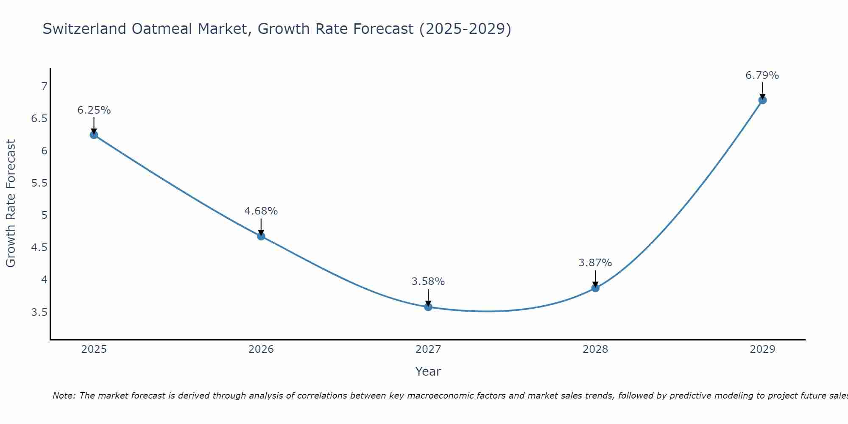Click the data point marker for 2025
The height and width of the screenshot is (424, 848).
click(94, 135)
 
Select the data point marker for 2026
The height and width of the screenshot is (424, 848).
click(261, 236)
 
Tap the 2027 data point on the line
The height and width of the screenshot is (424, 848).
click(428, 307)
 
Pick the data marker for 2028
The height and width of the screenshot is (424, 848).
click(595, 288)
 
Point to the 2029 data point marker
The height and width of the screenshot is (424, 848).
click(762, 100)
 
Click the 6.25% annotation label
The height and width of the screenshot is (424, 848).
click(94, 110)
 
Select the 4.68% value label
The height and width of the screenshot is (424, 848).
click(261, 211)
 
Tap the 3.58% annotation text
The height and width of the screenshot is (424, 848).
click(428, 282)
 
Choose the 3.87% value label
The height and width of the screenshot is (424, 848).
click(595, 263)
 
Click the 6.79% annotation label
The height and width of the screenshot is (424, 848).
click(762, 75)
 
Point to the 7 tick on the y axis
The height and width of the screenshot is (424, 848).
click(44, 86)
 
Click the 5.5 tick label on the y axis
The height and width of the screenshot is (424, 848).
click(39, 183)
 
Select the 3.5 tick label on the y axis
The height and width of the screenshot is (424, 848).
click(39, 312)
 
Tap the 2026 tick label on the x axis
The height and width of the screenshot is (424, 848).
click(261, 349)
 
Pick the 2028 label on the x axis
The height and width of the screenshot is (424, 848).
click(595, 349)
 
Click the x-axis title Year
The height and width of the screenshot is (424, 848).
click(428, 371)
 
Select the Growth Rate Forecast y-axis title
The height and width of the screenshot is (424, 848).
click(11, 204)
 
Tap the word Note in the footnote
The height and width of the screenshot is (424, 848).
click(63, 396)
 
